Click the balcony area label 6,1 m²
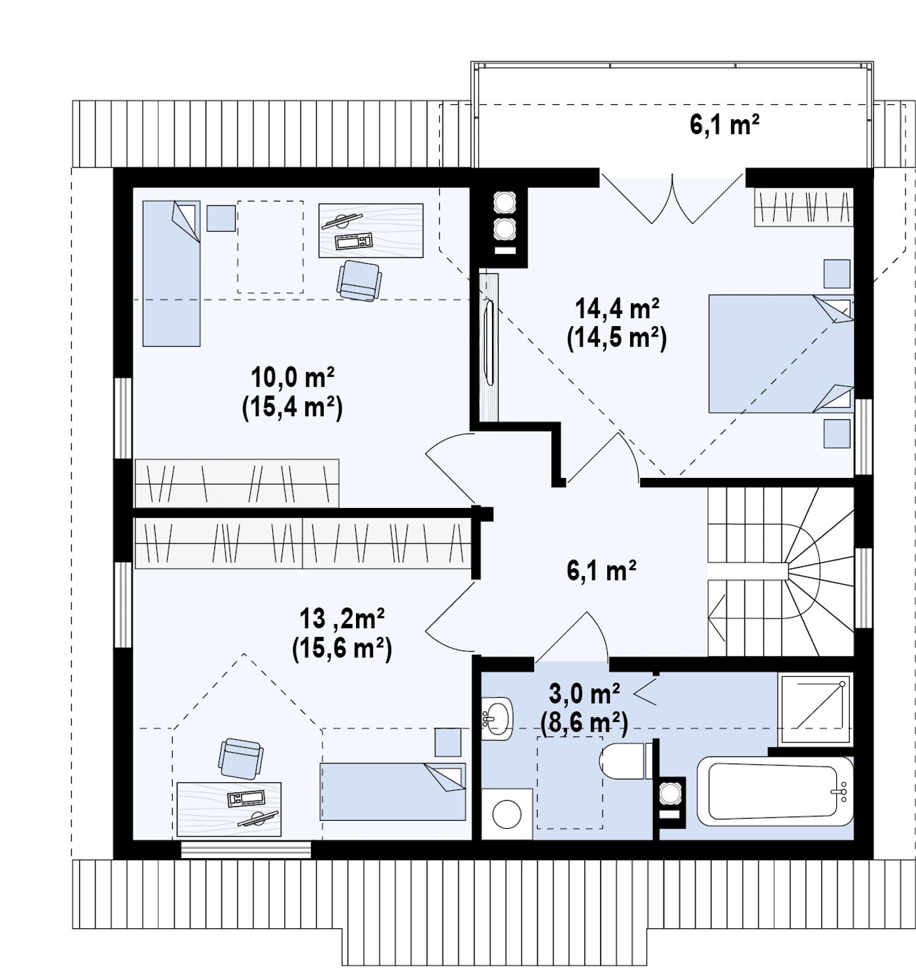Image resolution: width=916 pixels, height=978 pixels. tap(724, 124)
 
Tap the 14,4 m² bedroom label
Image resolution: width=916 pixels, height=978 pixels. tap(617, 309)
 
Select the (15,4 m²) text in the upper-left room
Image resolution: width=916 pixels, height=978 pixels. tap(292, 408)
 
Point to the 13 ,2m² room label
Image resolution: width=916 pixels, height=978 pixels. tap(342, 619)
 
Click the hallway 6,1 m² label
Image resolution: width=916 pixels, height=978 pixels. tap(601, 570)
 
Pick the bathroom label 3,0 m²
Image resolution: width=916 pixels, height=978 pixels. tap(584, 694)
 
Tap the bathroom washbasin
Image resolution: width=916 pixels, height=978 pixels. tap(497, 718)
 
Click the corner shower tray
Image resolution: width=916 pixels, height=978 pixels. tap(815, 710)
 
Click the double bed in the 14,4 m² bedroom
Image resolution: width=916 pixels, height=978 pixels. tap(781, 353)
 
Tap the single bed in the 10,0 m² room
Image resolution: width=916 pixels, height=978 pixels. tap(171, 274)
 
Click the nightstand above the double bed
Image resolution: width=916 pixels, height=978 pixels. tap(837, 274)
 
